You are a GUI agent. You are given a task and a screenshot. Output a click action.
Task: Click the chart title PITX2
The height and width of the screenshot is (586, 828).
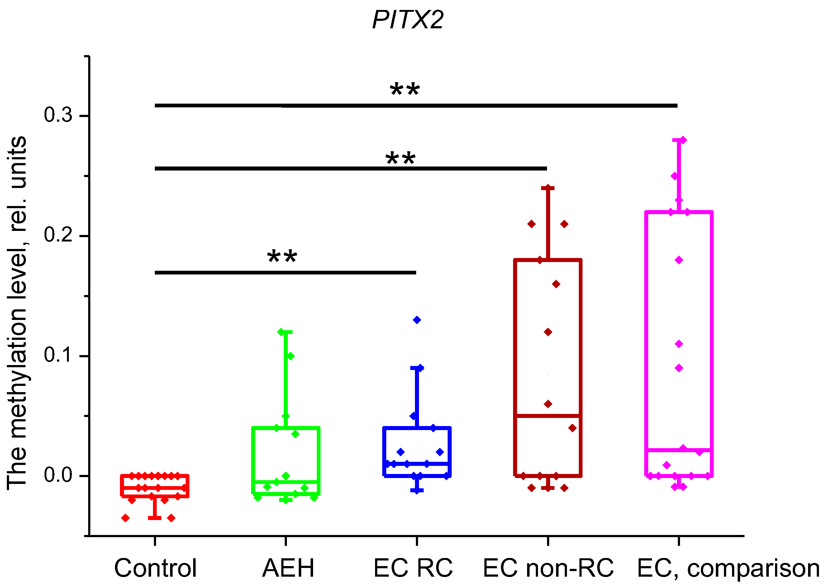point(408,20)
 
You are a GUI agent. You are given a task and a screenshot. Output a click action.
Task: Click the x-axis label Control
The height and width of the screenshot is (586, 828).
point(155,568)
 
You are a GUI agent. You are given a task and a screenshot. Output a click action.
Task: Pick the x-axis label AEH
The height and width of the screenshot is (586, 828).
point(288,568)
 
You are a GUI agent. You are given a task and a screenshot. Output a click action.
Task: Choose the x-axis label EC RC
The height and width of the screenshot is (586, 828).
point(413,568)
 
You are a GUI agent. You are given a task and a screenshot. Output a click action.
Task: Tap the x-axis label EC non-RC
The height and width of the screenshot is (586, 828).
point(548,568)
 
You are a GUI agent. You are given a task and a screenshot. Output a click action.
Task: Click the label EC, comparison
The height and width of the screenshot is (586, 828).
point(728,568)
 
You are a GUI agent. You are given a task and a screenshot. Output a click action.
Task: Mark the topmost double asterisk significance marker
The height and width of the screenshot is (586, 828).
point(405,90)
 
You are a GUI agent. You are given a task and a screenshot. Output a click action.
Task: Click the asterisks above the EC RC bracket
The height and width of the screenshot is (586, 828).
point(282,257)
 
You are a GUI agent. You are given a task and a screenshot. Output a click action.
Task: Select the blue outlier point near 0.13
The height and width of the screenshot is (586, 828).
point(417,320)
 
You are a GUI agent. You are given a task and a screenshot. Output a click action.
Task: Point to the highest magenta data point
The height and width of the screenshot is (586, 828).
point(683,140)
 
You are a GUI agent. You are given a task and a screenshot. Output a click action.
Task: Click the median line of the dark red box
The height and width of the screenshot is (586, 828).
point(548,416)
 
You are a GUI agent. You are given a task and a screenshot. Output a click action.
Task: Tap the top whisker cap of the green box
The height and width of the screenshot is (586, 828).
point(286,332)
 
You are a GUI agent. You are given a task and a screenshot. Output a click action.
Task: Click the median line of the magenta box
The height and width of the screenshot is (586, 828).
point(679,450)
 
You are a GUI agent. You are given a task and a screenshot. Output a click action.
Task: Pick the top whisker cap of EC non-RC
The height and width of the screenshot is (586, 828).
point(548,188)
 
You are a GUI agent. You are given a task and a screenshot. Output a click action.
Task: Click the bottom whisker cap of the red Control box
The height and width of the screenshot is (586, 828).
point(155,518)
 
